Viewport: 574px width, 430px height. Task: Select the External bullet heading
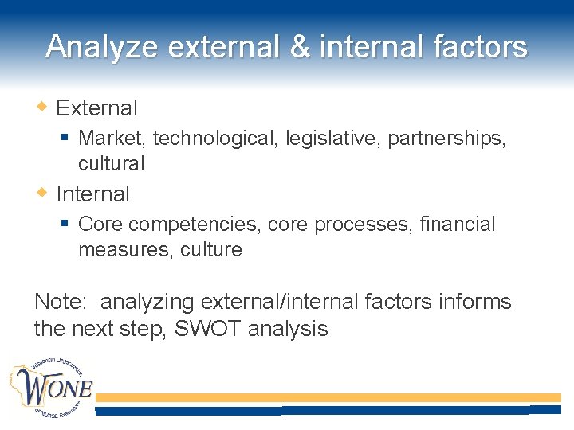[96, 107]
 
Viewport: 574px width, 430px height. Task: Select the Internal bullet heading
[92, 193]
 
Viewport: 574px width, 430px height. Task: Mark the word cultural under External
[111, 164]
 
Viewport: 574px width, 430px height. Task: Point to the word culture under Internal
[211, 250]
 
